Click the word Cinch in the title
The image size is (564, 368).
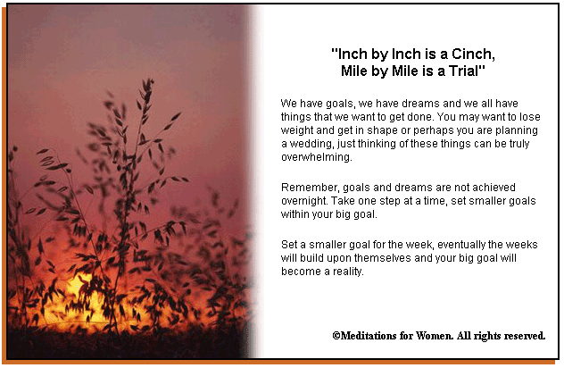473,54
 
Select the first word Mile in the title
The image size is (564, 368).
354,71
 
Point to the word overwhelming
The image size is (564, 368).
317,157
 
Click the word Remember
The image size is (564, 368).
310,188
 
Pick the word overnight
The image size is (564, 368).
304,201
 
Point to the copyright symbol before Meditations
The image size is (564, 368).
336,336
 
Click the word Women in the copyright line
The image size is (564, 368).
435,336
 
